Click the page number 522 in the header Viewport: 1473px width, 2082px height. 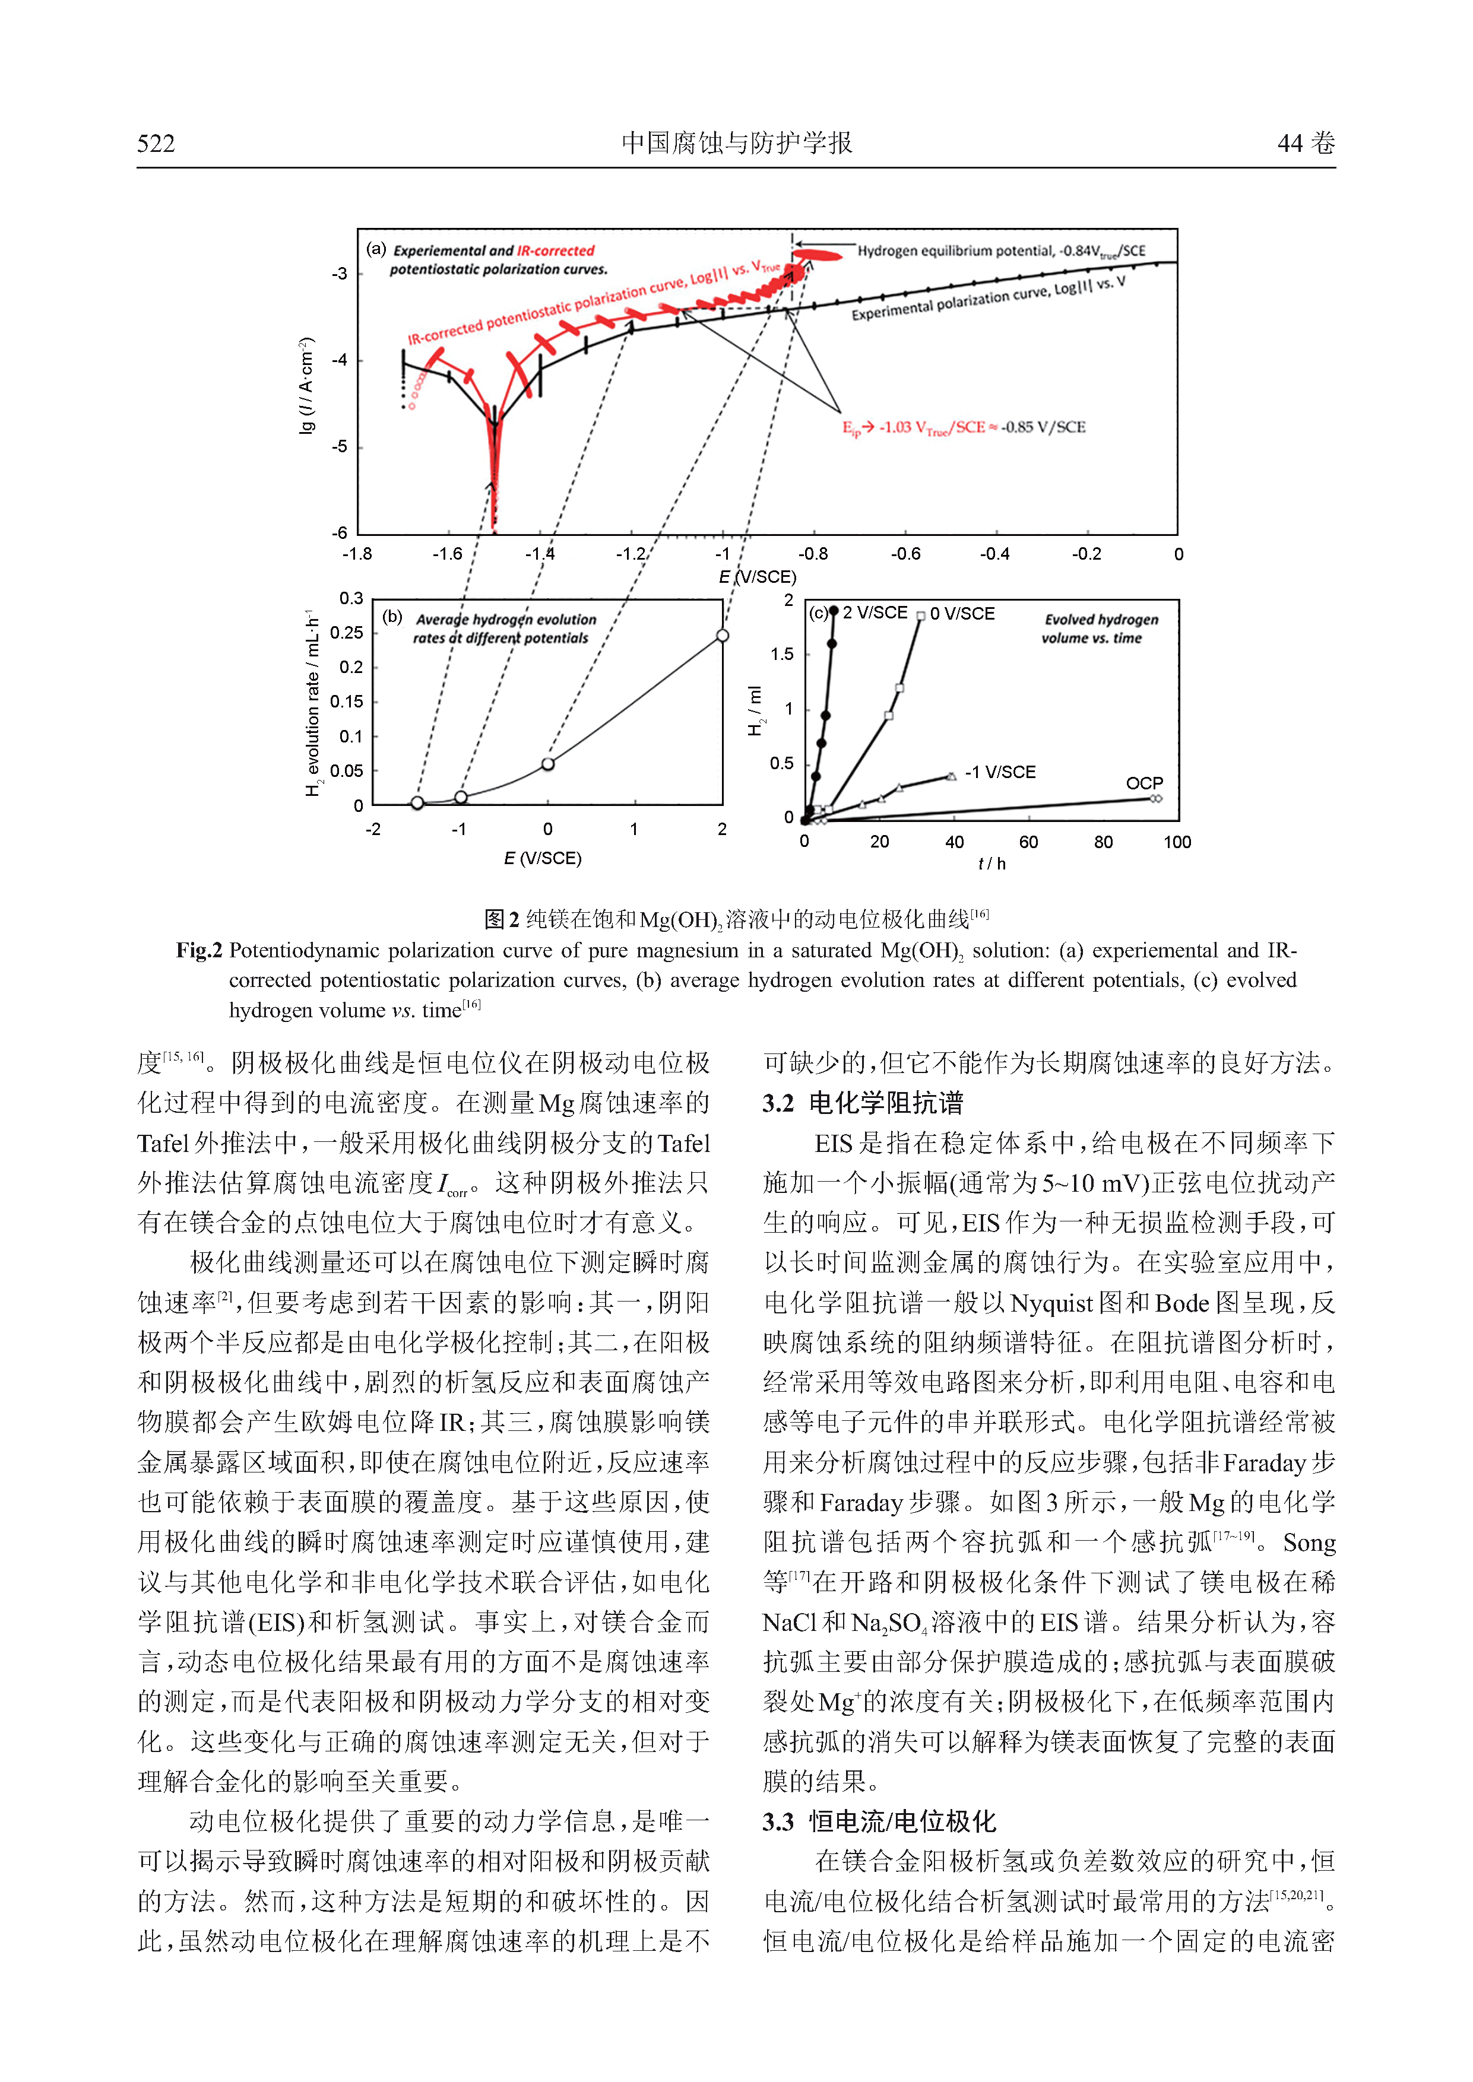tap(156, 143)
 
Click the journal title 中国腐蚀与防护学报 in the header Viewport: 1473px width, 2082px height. tap(736, 142)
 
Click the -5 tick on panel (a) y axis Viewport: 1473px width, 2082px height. tap(339, 447)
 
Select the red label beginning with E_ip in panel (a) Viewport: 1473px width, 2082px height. tap(963, 427)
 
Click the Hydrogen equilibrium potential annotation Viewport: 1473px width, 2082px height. tap(1002, 251)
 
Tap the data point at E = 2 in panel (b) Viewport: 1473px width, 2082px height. tap(722, 636)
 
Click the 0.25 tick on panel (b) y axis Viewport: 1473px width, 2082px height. tap(347, 632)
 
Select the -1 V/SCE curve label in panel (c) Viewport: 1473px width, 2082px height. tap(1000, 772)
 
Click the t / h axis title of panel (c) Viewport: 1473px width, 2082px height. tap(991, 864)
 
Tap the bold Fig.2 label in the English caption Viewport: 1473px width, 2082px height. tap(199, 950)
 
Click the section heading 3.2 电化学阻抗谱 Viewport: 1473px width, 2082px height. tap(863, 1103)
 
